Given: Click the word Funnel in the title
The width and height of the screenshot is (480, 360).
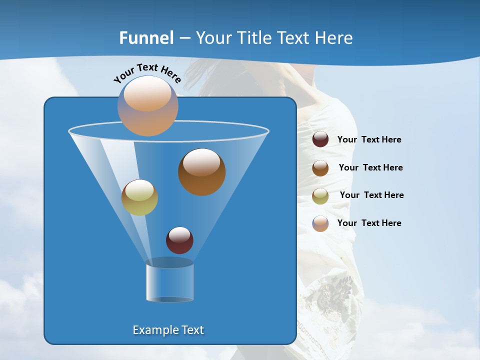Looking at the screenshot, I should tap(146, 38).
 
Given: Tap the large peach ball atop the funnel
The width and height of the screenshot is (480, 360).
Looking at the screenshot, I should tap(148, 105).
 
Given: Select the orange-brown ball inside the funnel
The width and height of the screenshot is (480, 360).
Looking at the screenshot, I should tap(201, 171).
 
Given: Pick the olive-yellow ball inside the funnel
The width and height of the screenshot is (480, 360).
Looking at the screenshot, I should tap(139, 197).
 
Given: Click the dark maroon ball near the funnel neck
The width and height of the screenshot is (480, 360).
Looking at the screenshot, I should tap(179, 240).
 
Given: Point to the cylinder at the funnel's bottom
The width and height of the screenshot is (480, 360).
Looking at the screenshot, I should tap(169, 282).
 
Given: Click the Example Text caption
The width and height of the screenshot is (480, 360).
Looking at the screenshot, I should tap(168, 330).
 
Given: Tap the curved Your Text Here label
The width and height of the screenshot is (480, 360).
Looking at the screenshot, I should tap(147, 73).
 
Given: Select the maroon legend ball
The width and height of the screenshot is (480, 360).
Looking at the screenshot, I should tap(320, 139).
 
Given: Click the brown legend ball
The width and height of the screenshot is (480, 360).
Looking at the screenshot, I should tap(320, 168).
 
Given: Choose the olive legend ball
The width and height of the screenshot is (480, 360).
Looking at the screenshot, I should tap(320, 196).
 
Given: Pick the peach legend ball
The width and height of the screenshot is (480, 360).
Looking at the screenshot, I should tap(320, 223).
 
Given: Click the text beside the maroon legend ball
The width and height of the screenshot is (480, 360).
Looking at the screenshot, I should tap(369, 140).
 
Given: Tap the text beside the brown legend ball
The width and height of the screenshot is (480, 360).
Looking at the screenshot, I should tap(370, 168).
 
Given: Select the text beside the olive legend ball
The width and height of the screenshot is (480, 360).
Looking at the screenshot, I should tap(371, 195).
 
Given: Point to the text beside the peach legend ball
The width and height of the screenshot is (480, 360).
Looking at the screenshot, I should tap(369, 223).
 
